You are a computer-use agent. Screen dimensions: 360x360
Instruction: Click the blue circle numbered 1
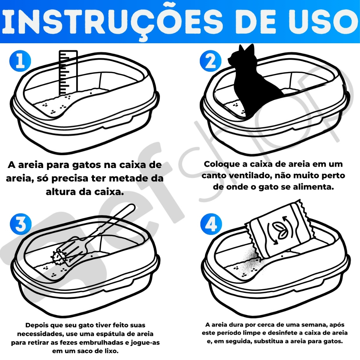pyautogui.click(x=20, y=61)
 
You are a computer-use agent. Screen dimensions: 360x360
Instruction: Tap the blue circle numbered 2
pyautogui.click(x=211, y=61)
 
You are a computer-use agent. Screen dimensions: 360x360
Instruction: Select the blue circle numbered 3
pyautogui.click(x=21, y=224)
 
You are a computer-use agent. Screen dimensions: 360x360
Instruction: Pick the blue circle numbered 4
pyautogui.click(x=211, y=224)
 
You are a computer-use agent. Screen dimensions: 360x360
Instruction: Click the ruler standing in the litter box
pyautogui.click(x=68, y=73)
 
